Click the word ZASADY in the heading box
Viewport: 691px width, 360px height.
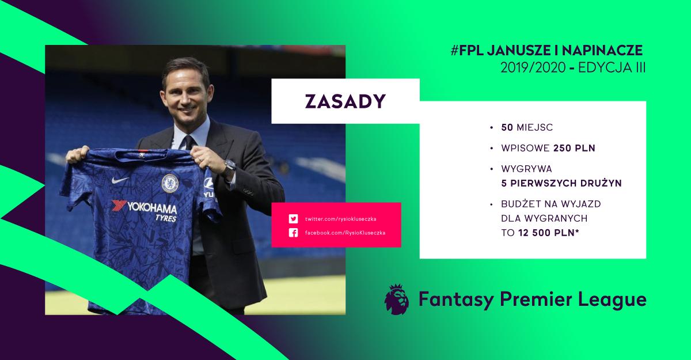[x=345, y=101]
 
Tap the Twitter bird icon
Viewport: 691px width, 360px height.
[x=293, y=219]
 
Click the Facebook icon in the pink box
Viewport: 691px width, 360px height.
[x=293, y=233]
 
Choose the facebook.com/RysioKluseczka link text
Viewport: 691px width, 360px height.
[x=344, y=233]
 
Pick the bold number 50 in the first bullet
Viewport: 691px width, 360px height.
[x=507, y=127]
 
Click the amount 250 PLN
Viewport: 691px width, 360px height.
[x=574, y=148]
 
